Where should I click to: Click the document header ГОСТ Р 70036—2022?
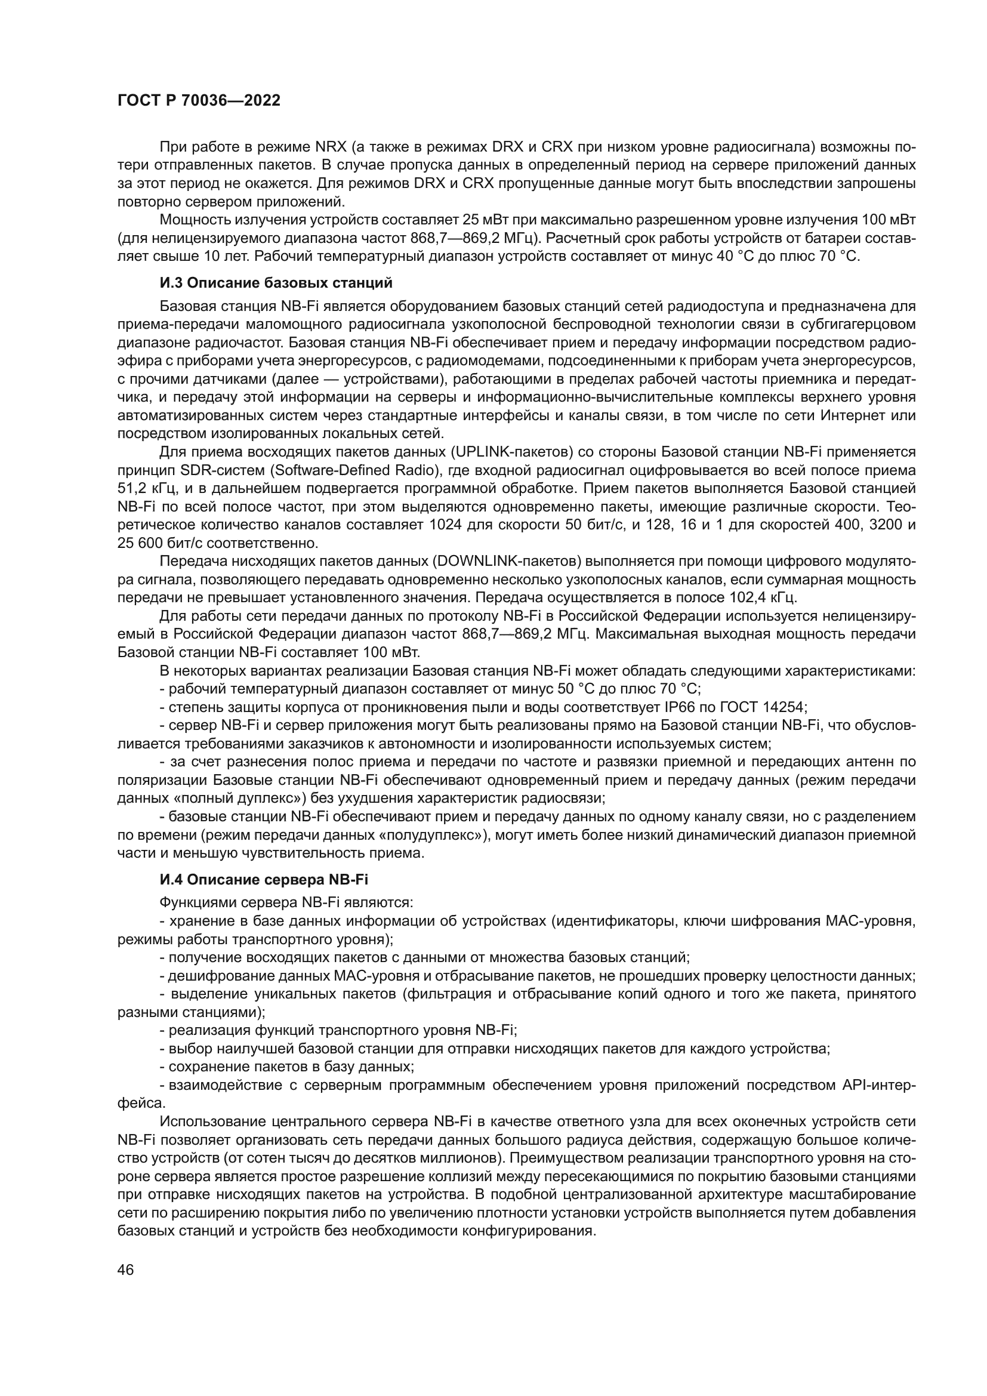(x=199, y=101)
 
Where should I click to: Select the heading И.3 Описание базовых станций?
(x=276, y=283)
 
